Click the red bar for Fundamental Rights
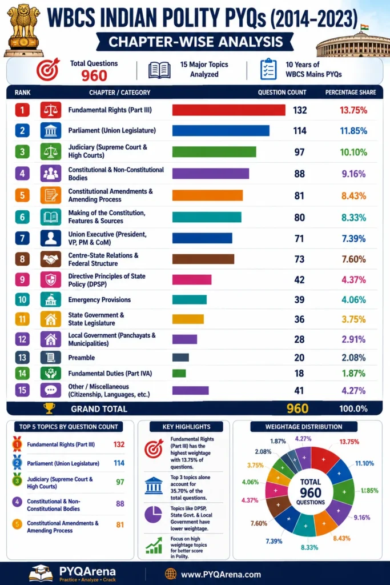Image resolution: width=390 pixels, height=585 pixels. coord(228,110)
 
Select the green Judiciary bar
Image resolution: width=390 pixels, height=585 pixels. coord(214,152)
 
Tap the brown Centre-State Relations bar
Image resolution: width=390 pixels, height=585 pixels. coord(203,259)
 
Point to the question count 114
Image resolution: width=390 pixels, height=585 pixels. coord(300,131)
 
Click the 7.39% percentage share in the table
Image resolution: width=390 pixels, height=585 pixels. coord(353,238)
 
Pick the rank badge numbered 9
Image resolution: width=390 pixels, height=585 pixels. coord(22,279)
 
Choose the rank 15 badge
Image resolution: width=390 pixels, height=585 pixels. coord(22,390)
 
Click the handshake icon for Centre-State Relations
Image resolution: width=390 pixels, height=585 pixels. coord(51,259)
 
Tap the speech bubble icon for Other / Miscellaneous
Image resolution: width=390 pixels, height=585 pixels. coord(51,390)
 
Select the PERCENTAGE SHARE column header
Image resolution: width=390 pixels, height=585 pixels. coord(351,92)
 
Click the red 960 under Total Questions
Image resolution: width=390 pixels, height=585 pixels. coord(94,76)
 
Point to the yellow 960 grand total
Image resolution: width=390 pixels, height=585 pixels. coord(297,408)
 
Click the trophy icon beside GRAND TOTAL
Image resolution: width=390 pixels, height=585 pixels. coord(49,408)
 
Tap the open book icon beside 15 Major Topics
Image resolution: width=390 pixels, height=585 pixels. coord(159,70)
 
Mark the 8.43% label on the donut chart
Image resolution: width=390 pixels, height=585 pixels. coord(341,538)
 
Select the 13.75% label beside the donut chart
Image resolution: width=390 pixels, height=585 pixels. coord(349,442)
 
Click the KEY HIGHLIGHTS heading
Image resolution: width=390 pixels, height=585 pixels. coord(186,426)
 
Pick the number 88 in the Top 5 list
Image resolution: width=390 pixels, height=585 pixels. coord(120,504)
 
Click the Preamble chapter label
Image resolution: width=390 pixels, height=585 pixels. coord(81,358)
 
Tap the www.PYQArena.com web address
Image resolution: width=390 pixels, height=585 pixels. coord(221,574)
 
